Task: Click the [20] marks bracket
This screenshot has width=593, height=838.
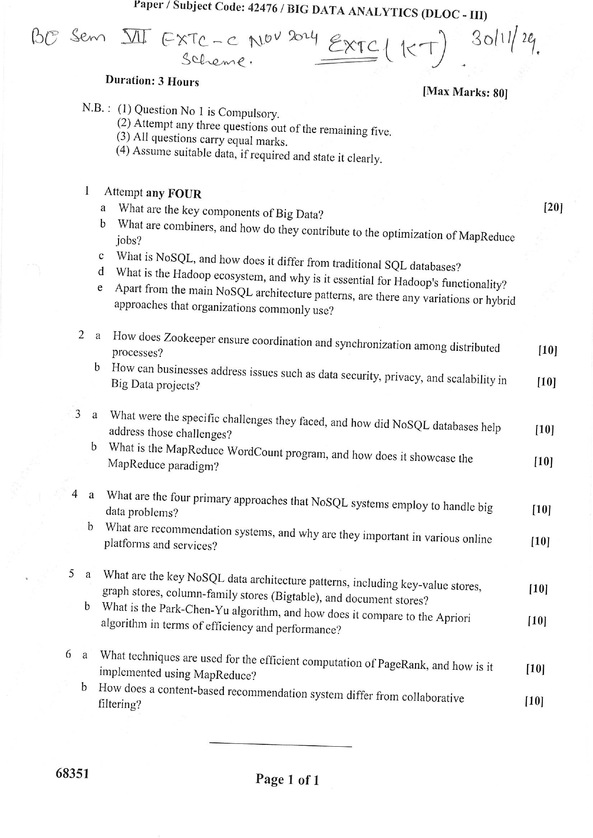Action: [x=553, y=207]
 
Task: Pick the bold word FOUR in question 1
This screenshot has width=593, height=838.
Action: [x=185, y=194]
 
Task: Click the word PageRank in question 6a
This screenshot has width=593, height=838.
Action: [x=402, y=664]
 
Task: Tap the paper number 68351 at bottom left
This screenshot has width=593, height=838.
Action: [x=72, y=773]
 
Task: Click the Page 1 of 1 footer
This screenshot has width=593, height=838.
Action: [x=287, y=780]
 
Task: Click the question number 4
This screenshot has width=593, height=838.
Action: [x=75, y=494]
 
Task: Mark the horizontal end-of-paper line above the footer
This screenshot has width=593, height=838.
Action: [x=280, y=745]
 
